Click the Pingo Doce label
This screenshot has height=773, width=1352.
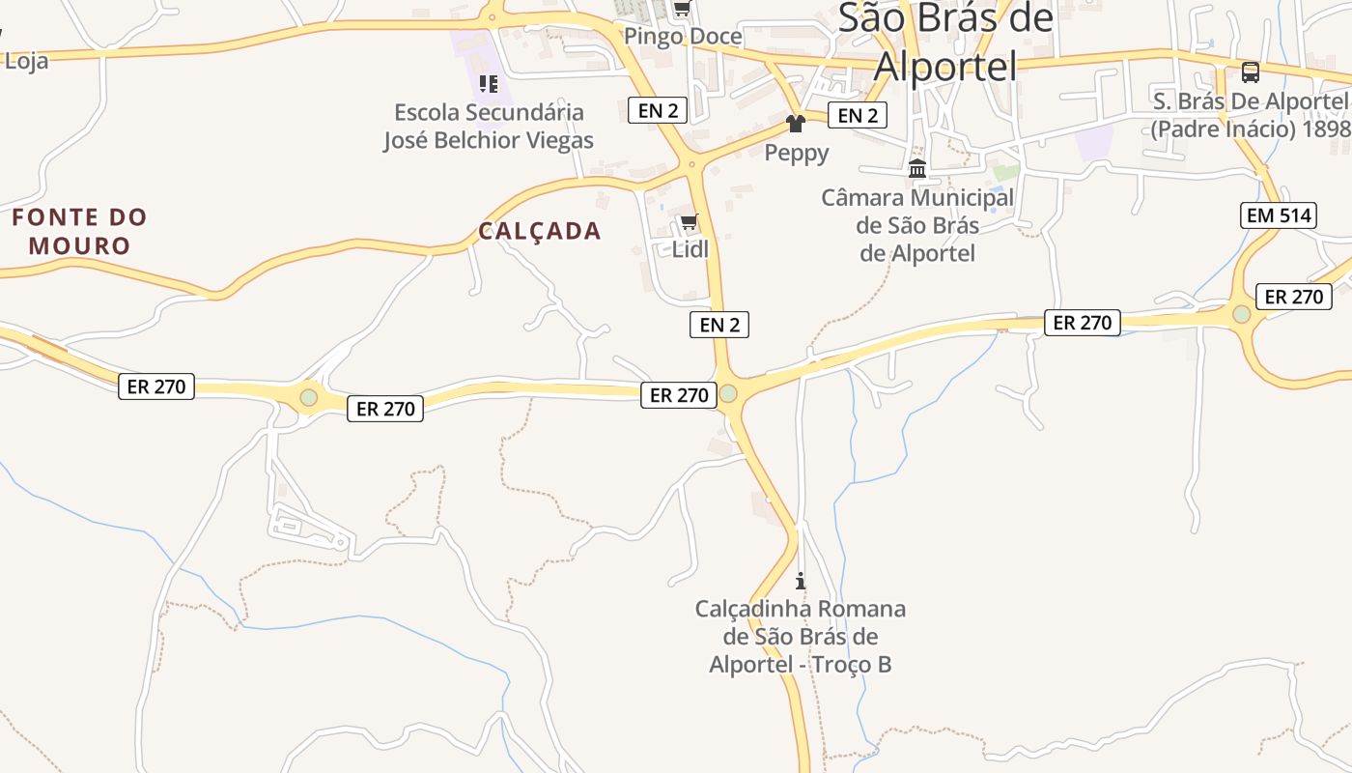coord(683,37)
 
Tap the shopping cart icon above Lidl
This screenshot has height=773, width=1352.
coord(689,222)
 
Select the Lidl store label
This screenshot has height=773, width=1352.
coord(690,249)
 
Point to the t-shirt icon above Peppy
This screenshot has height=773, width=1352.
coord(796,124)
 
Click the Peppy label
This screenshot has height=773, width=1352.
coord(797,153)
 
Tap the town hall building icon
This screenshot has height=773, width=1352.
coord(917,169)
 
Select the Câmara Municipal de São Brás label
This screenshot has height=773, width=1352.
coord(917,225)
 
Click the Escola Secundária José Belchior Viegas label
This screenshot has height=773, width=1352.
coord(489,127)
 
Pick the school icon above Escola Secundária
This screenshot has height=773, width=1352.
coord(489,84)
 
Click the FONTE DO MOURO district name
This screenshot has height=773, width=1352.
coord(79,231)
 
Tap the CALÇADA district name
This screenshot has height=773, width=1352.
coord(540,231)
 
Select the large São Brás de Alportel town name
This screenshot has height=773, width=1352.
coord(945,42)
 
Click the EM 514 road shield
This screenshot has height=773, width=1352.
coord(1279,215)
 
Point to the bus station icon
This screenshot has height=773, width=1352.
coord(1250,72)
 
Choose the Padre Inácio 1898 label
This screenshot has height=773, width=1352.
coord(1251,115)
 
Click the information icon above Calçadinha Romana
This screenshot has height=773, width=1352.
coord(800,581)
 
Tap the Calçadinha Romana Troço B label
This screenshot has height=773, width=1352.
coord(801,637)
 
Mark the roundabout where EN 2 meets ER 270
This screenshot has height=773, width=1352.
coord(728,393)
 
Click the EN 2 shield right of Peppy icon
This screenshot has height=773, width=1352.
coord(858,116)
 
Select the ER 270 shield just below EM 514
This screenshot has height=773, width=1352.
coord(1293,297)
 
